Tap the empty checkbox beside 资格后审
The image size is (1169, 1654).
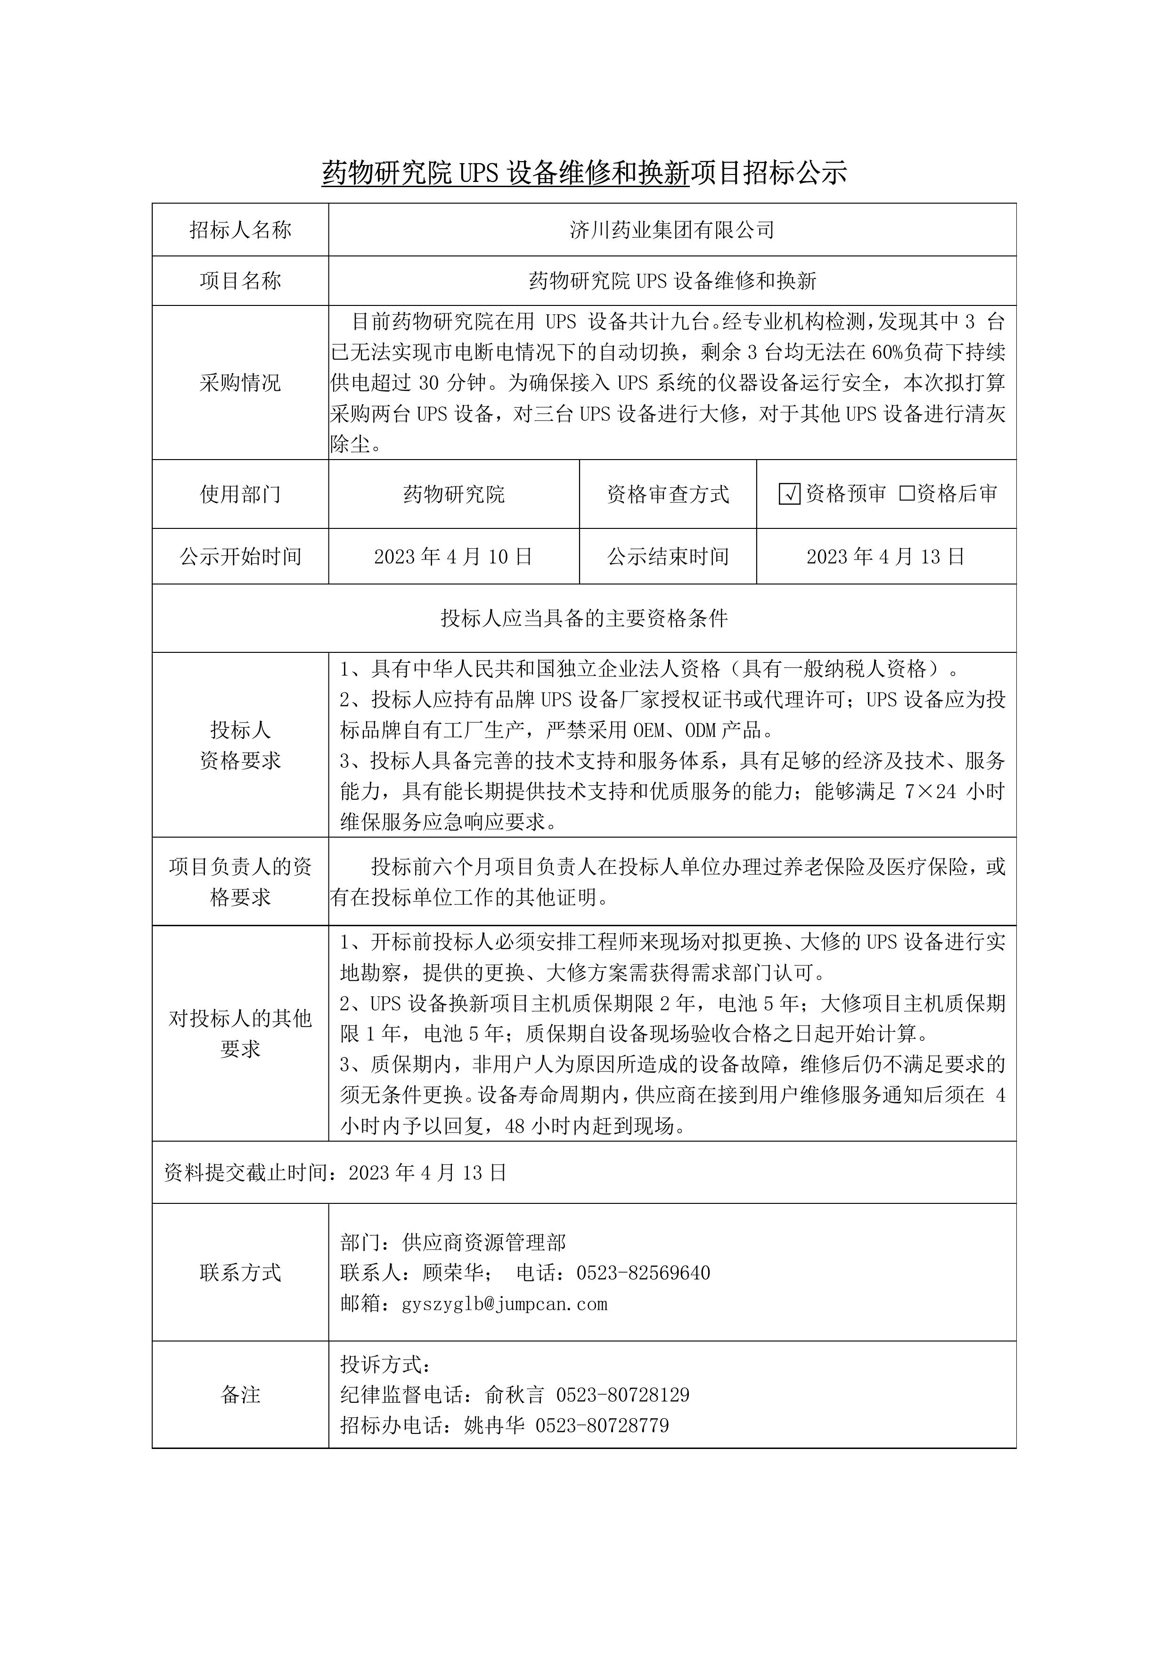tap(907, 494)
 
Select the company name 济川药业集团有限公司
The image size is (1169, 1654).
tap(671, 230)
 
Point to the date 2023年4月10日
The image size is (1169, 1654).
tap(453, 556)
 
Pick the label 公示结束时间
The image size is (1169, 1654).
tap(668, 556)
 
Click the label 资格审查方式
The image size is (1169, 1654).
tap(668, 494)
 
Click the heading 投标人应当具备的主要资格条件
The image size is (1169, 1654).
tap(584, 618)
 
